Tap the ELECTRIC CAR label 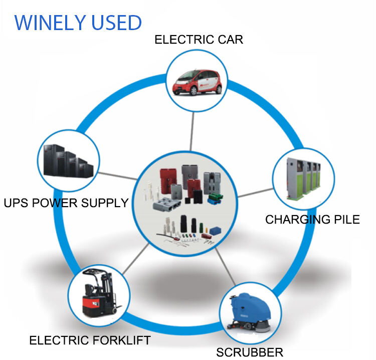tap(199, 40)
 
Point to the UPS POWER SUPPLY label tap(66, 203)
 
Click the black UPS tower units tap(68, 161)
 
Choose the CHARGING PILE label tap(312, 220)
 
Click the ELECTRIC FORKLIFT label tap(90, 340)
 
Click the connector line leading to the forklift tap(135, 257)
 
